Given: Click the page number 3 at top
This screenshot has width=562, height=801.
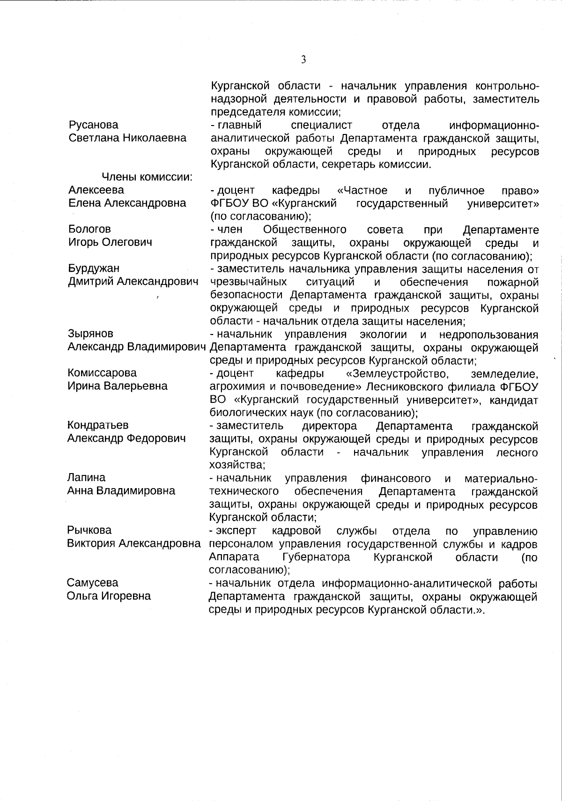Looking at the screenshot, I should pyautogui.click(x=303, y=59).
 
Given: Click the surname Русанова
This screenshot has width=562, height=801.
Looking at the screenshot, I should pyautogui.click(x=93, y=125).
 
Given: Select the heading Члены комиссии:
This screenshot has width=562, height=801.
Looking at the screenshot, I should pyautogui.click(x=148, y=177).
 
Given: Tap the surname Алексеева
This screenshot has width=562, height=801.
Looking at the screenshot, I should pyautogui.click(x=96, y=190).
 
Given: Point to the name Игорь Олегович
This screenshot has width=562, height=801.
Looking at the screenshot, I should pyautogui.click(x=110, y=242).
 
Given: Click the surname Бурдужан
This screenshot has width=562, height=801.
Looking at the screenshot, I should pyautogui.click(x=94, y=268).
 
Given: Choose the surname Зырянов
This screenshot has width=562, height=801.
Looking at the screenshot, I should pyautogui.click(x=90, y=334).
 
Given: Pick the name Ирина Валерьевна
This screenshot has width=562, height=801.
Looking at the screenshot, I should pyautogui.click(x=117, y=386).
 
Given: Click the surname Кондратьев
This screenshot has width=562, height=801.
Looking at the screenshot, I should pyautogui.click(x=98, y=425).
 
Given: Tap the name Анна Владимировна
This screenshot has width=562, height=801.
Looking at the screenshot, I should pyautogui.click(x=121, y=490).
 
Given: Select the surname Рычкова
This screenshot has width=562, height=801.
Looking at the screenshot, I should pyautogui.click(x=89, y=530).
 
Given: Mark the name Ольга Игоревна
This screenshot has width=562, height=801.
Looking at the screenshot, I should pyautogui.click(x=109, y=596).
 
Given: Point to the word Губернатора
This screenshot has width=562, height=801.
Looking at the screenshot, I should pyautogui.click(x=316, y=557).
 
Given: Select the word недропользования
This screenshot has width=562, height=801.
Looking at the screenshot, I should pyautogui.click(x=488, y=335).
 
